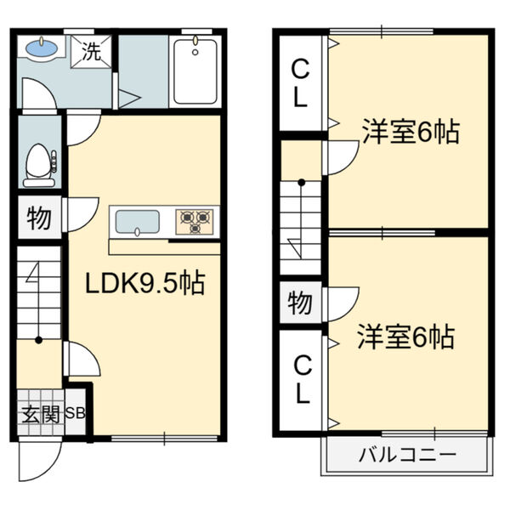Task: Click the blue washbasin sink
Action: tap(42, 48)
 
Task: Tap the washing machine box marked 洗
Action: tap(92, 52)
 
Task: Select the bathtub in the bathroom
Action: tap(195, 71)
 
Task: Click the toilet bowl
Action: tap(40, 165)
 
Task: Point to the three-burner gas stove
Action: tap(195, 222)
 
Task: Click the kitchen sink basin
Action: tap(138, 222)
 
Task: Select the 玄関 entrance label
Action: tap(41, 415)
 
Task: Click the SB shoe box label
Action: tap(76, 413)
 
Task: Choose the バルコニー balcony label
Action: tap(407, 455)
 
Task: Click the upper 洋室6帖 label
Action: tap(411, 132)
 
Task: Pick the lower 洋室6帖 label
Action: tap(406, 337)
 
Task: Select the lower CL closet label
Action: tap(303, 380)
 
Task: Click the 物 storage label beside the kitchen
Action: tap(39, 218)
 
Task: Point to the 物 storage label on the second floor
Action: tap(300, 302)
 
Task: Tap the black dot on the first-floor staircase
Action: tap(39, 340)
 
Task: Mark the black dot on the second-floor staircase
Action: tap(302, 183)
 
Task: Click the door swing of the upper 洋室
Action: tap(351, 162)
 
